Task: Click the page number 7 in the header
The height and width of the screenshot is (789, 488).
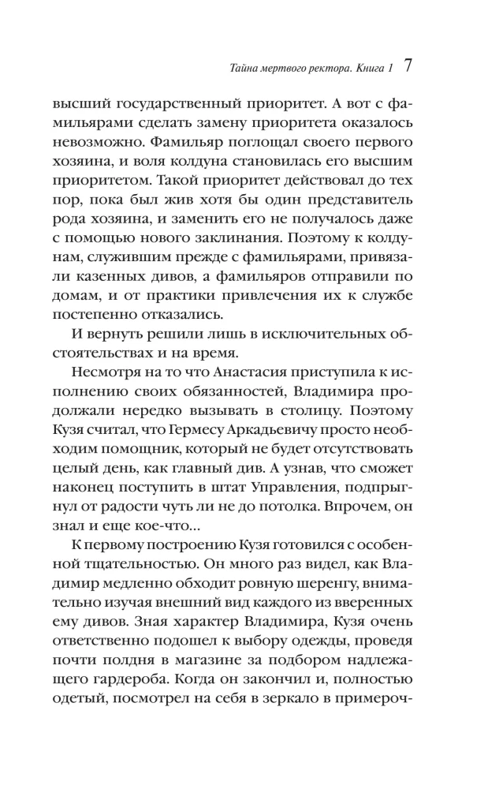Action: [408, 66]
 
